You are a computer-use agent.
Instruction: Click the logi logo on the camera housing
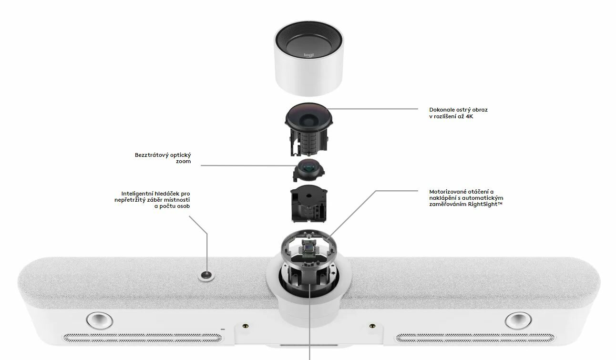pyautogui.click(x=308, y=55)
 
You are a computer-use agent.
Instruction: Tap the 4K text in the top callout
pyautogui.click(x=470, y=116)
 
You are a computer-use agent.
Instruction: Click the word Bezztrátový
pyautogui.click(x=151, y=155)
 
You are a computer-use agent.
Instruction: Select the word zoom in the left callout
pyautogui.click(x=184, y=162)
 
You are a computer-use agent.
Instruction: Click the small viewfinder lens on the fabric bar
pyautogui.click(x=206, y=275)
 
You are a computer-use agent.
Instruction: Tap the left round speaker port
pyautogui.click(x=99, y=320)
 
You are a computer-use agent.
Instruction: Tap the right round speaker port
pyautogui.click(x=518, y=320)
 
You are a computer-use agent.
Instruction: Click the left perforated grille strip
pyautogui.click(x=143, y=338)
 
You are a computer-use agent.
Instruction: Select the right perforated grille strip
pyautogui.click(x=475, y=338)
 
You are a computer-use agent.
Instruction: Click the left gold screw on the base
pyautogui.click(x=246, y=326)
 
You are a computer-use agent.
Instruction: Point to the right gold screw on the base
pyautogui.click(x=372, y=326)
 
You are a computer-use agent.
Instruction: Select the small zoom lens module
pyautogui.click(x=309, y=170)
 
